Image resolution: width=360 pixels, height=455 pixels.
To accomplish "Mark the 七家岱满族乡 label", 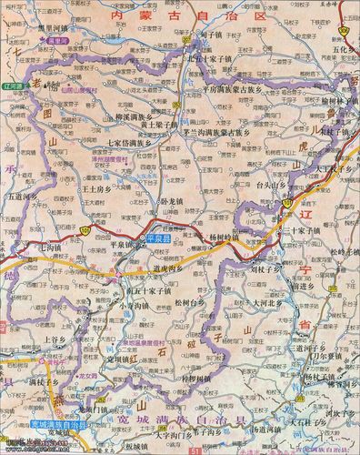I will coord(130,143).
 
